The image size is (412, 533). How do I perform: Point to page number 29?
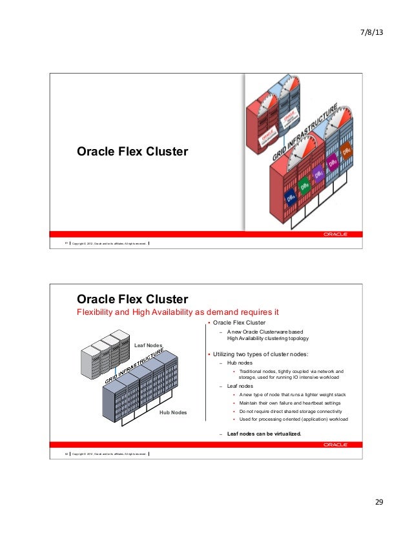click(378, 502)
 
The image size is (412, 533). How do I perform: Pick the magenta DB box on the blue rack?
click(333, 162)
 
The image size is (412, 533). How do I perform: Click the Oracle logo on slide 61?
click(335, 234)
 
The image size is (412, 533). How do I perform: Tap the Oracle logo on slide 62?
click(335, 445)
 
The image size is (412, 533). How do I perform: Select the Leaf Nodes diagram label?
click(149, 345)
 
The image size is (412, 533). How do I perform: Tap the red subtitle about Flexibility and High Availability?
click(178, 313)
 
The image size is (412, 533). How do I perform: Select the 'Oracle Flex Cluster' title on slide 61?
click(132, 152)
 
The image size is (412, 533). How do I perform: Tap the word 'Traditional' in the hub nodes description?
click(250, 372)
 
